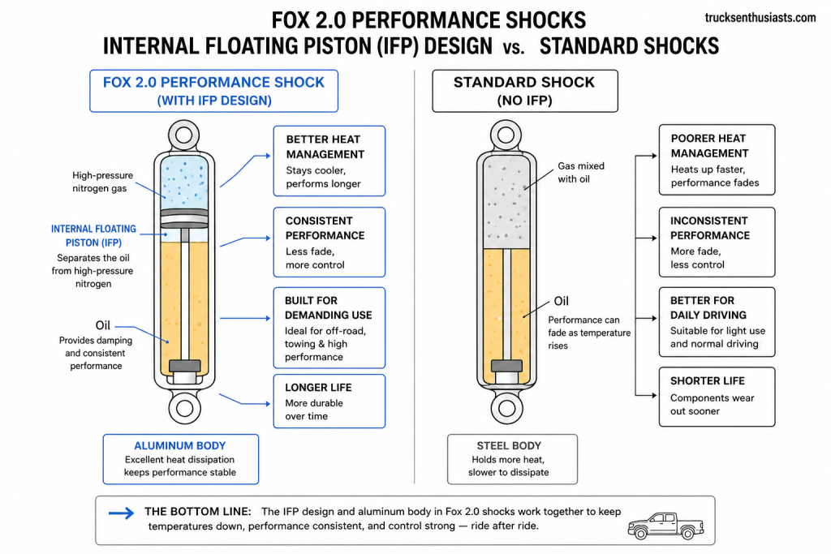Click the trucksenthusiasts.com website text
click(760, 17)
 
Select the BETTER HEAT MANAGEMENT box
click(329, 161)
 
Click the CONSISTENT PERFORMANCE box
click(329, 242)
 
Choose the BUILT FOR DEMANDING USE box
click(329, 328)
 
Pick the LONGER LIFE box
click(329, 401)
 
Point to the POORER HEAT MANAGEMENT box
click(717, 160)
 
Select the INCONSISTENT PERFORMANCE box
click(717, 242)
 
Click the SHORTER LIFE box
click(717, 396)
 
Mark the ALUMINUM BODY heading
click(180, 445)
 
